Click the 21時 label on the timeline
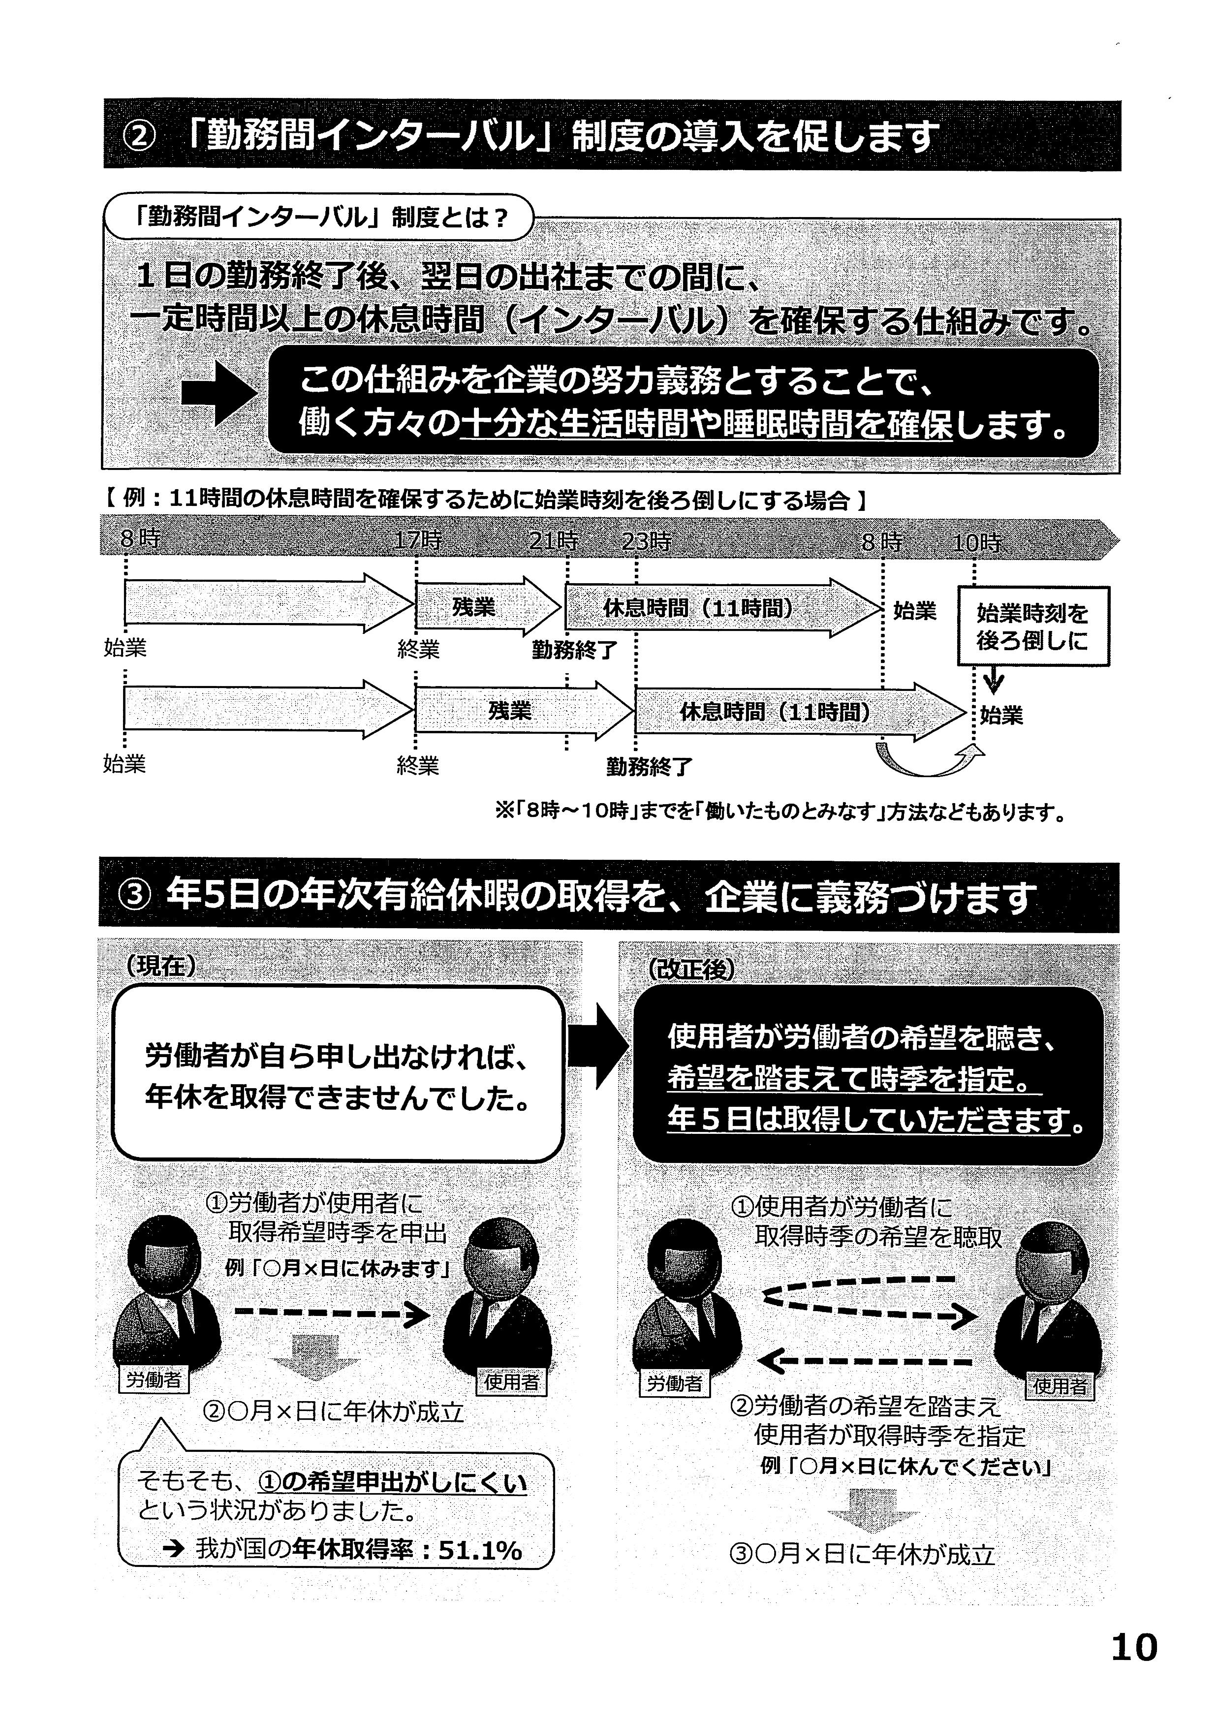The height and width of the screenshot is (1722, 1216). (554, 541)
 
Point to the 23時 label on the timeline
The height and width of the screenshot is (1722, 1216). (646, 541)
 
